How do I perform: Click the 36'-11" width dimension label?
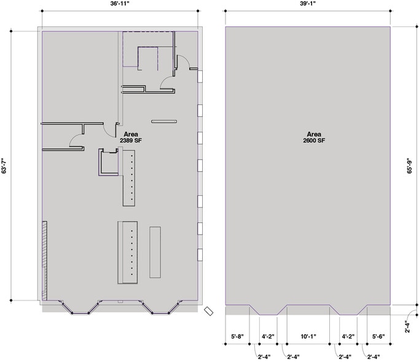click(120, 4)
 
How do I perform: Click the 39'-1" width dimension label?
click(308, 4)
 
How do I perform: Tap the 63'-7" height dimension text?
click(4, 166)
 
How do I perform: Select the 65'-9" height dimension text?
click(409, 166)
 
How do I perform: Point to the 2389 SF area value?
click(131, 140)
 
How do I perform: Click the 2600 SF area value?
click(314, 140)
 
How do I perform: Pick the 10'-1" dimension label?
click(308, 337)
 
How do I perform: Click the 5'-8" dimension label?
click(237, 337)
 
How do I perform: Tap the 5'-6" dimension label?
click(378, 337)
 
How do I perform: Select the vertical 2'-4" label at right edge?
click(407, 327)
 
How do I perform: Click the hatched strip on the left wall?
click(45, 260)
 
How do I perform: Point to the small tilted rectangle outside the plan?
click(208, 312)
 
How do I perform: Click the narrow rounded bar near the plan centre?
click(164, 121)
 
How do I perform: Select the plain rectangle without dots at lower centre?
click(155, 252)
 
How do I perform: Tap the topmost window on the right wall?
click(200, 76)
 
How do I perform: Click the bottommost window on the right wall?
click(200, 255)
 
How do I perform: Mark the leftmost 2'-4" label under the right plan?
click(264, 356)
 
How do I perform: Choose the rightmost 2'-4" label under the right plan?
click(374, 356)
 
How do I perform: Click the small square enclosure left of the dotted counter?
click(108, 162)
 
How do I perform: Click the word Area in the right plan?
click(314, 134)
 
